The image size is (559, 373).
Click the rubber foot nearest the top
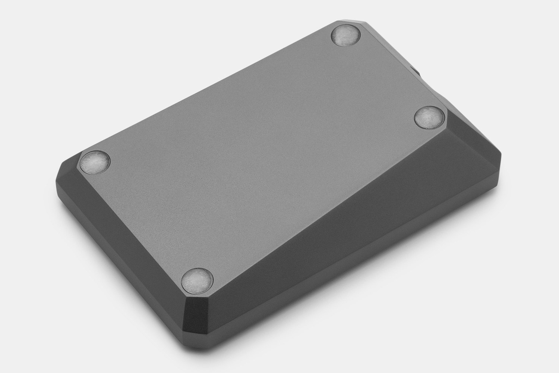click(x=346, y=36)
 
